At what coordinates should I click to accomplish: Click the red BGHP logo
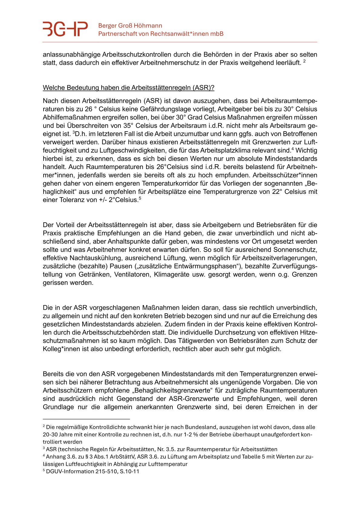(65, 29)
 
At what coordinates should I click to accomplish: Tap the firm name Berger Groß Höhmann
(130, 26)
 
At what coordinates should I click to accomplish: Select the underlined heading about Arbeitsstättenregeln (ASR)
(129, 88)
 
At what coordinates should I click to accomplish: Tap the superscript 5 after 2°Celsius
(140, 198)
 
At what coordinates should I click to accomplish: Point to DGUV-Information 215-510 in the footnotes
(82, 471)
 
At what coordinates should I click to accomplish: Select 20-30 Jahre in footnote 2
(57, 435)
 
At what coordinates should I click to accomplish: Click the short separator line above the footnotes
(86, 419)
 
